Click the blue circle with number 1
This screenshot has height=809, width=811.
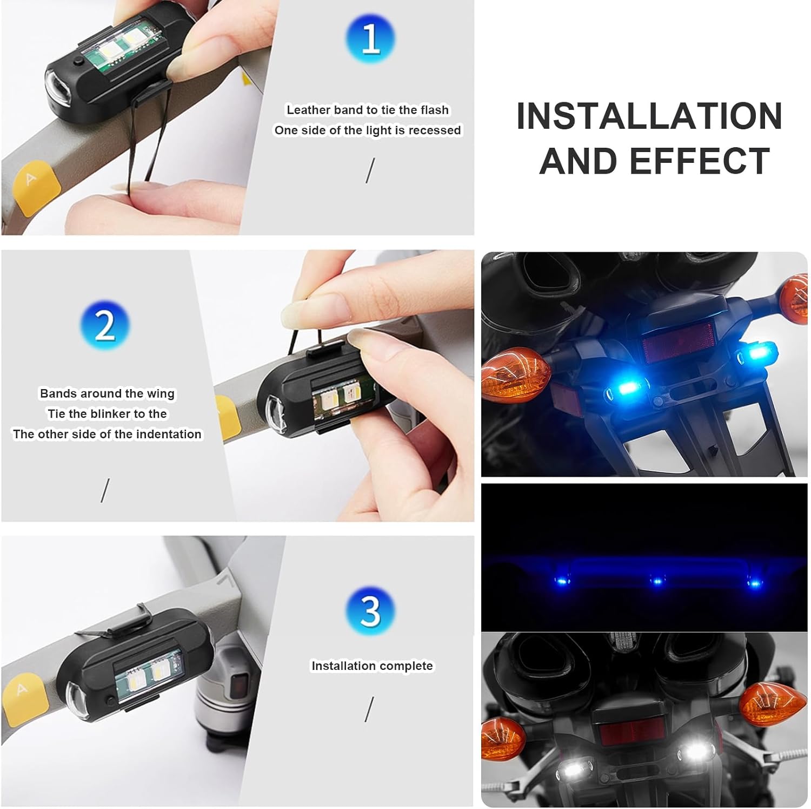[370, 38]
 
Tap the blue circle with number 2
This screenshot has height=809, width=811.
[105, 325]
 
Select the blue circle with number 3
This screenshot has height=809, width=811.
[370, 611]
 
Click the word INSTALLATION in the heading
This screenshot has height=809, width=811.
[649, 116]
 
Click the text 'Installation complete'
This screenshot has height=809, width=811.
[372, 666]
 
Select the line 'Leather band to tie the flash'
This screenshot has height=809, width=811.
[368, 110]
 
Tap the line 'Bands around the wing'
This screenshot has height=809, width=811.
[107, 393]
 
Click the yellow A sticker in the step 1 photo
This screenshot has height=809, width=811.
[30, 184]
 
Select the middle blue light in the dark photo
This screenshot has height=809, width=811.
[657, 581]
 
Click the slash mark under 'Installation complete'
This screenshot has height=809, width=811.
[369, 709]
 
